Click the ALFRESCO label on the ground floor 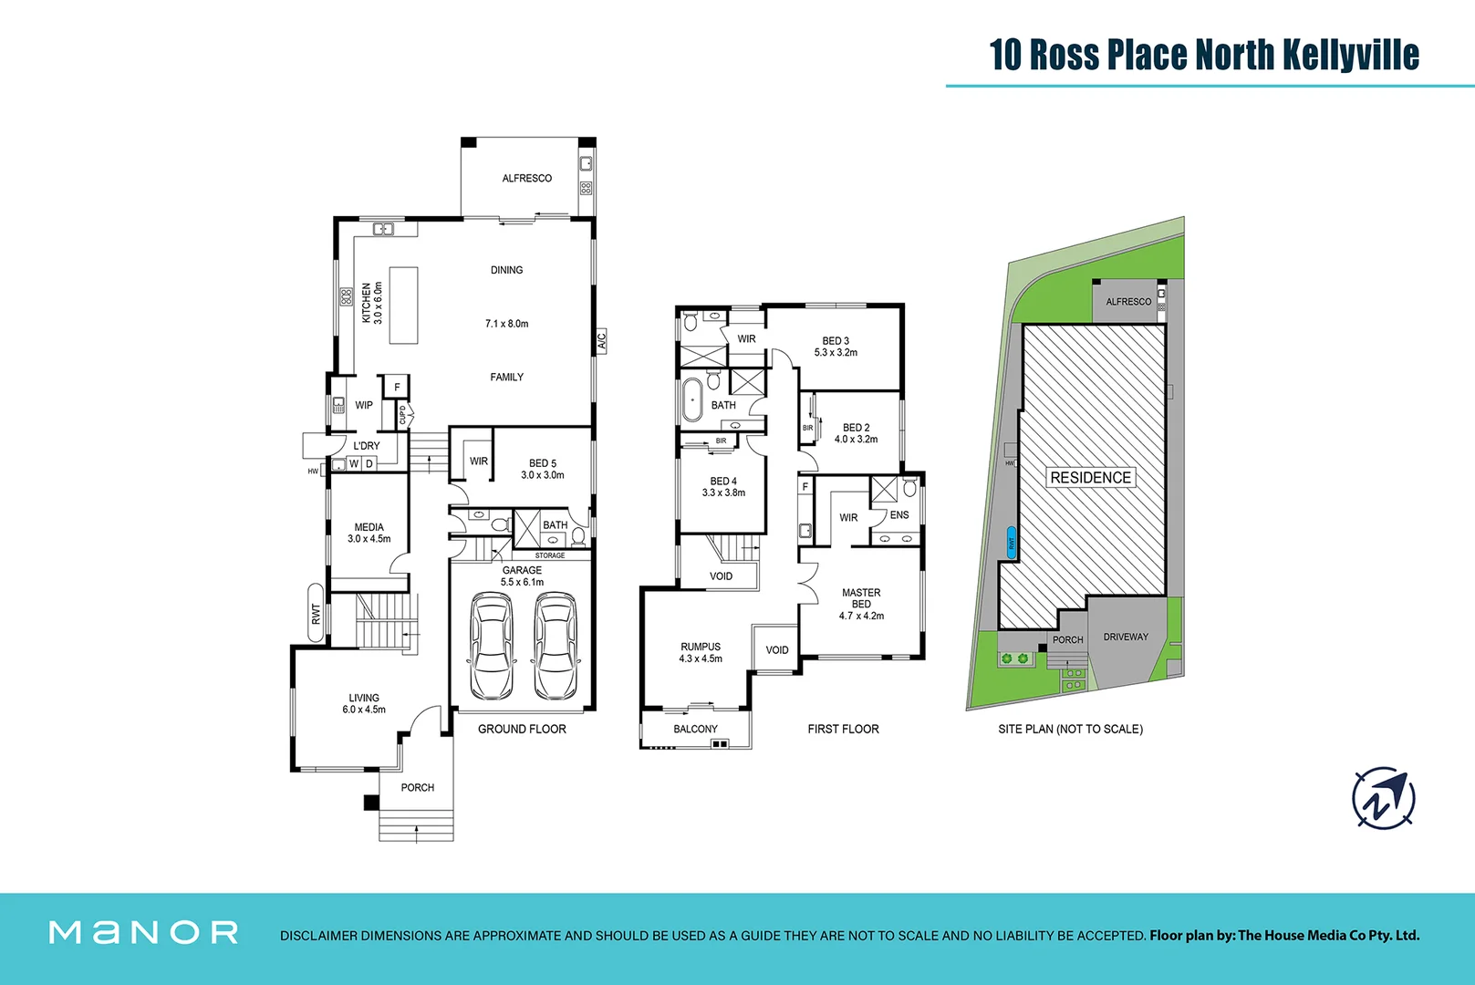(x=526, y=179)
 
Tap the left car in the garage (x=491, y=646)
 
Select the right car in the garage (x=555, y=646)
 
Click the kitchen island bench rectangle (x=403, y=306)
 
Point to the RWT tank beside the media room (x=316, y=613)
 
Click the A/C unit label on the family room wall (x=600, y=341)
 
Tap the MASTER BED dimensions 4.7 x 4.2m (x=861, y=617)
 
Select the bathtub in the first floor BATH (x=692, y=400)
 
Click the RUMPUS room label (x=700, y=647)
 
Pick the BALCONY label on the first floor (x=695, y=729)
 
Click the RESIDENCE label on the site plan (x=1090, y=478)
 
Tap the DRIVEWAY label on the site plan (x=1126, y=638)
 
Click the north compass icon (x=1383, y=798)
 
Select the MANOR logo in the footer (x=143, y=932)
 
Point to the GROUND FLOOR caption (x=522, y=729)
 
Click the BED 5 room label (x=543, y=463)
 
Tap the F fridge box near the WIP (x=397, y=388)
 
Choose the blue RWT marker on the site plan (x=1011, y=543)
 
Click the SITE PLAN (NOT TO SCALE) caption (x=1070, y=729)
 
